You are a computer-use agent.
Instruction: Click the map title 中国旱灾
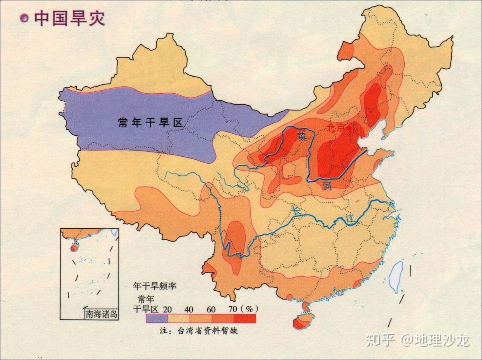coord(70,18)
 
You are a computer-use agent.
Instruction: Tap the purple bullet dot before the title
coord(25,19)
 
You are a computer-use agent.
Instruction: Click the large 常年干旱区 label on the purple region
coord(150,123)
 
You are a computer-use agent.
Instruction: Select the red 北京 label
coord(335,128)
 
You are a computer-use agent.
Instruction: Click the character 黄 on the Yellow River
coord(301,136)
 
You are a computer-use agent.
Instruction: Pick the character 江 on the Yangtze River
coord(350,218)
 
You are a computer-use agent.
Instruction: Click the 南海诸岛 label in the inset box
coord(101,314)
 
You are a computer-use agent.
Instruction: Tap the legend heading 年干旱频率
coord(155,286)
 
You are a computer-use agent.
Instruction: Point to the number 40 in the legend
coord(189,309)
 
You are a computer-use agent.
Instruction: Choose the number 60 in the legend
coord(211,309)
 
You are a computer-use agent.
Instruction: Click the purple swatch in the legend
coord(157,318)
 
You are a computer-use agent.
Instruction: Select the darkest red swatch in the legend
coord(245,318)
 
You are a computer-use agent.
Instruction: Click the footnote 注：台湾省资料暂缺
coord(198,331)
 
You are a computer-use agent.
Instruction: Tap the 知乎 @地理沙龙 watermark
coord(417,340)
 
